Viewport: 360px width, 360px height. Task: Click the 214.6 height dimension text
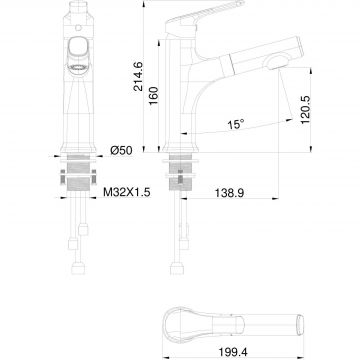[138, 76]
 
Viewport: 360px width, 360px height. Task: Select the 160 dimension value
[153, 96]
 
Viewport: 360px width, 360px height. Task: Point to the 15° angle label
[236, 124]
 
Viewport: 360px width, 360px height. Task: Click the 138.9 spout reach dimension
[229, 193]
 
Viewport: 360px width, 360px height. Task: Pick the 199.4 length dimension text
[233, 352]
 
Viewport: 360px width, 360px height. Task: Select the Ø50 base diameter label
[121, 151]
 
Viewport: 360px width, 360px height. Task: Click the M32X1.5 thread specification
[127, 192]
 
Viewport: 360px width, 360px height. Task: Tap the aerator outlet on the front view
[79, 68]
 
